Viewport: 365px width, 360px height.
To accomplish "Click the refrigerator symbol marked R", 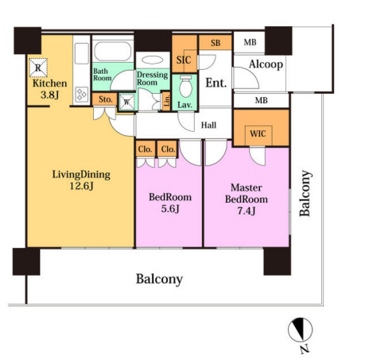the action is [x=38, y=68].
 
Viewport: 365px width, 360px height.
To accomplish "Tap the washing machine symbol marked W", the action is [x=127, y=102].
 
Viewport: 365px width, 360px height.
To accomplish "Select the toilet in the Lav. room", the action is [x=185, y=86].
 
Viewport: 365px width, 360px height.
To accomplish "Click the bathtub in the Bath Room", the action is [x=113, y=51].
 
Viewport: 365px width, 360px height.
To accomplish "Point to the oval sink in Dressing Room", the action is [x=153, y=60].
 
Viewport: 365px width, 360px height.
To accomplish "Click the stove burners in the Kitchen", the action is [x=81, y=95].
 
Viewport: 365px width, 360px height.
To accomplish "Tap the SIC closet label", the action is [x=184, y=60].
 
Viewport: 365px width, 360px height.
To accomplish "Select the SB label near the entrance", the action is [x=216, y=43].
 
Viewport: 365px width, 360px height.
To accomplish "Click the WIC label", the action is [x=258, y=134].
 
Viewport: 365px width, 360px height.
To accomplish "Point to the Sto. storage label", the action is [x=105, y=99].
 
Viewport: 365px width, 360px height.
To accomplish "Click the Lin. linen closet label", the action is [x=167, y=101].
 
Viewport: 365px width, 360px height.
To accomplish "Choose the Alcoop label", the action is [x=266, y=64].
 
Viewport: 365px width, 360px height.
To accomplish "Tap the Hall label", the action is [x=208, y=125].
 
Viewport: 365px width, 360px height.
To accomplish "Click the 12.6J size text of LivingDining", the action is [x=81, y=186].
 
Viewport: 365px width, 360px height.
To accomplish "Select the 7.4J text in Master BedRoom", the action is [x=247, y=211].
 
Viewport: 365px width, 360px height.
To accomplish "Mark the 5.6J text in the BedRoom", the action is [x=170, y=209].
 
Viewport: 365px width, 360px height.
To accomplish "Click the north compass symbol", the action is [x=301, y=330].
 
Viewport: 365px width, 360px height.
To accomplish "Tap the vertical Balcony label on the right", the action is [x=305, y=193].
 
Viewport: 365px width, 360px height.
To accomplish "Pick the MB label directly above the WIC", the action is [x=262, y=100].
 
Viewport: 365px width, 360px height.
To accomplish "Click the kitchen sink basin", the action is [x=82, y=53].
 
